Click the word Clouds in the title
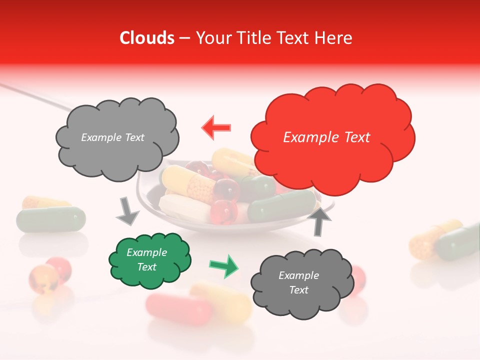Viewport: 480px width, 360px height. [x=147, y=38]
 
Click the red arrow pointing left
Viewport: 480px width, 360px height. [x=216, y=127]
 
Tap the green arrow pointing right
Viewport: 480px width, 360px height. [x=223, y=265]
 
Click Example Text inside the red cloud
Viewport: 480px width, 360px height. [x=326, y=137]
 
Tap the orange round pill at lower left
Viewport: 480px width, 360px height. [x=43, y=277]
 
